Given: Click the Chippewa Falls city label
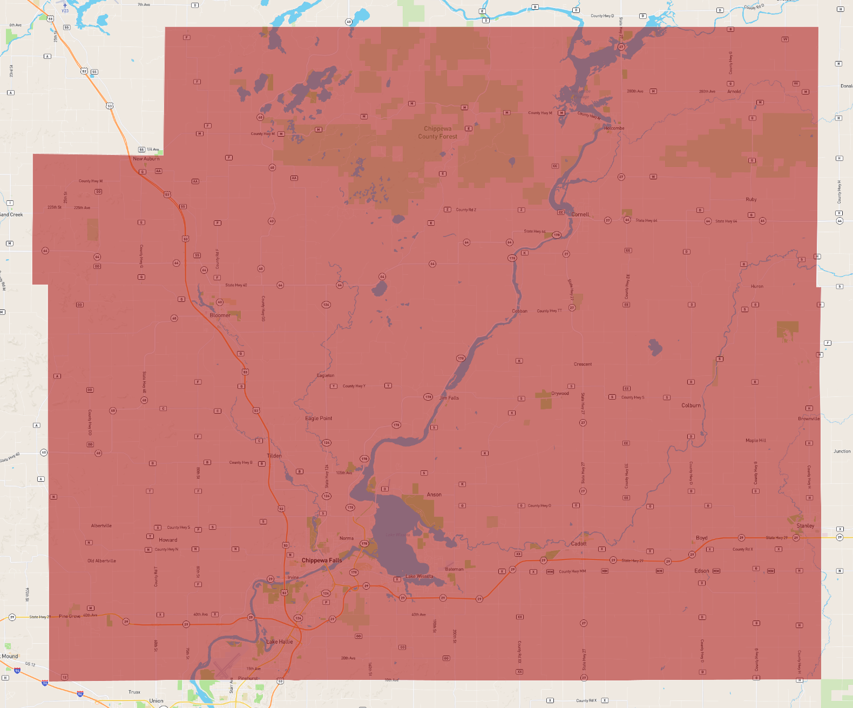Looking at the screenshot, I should [322, 561].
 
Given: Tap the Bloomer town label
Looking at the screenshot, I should [220, 315].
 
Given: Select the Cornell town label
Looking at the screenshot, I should [580, 214].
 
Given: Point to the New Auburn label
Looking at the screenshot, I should [146, 159].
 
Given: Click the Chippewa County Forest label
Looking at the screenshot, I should [437, 133].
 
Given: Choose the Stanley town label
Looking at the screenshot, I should [805, 526].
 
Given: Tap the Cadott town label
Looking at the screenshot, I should [579, 544].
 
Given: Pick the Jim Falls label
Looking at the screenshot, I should [449, 398].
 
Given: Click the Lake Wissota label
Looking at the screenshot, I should [419, 576].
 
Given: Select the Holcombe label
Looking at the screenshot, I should [614, 129].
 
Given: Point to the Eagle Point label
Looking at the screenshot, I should [319, 419].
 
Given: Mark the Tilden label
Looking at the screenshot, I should [274, 456].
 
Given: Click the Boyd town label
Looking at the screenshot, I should [702, 538].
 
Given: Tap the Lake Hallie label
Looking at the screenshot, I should [280, 642].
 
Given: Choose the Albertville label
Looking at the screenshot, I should [101, 525].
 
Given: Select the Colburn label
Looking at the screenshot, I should [691, 406].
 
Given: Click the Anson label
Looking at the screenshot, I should [434, 495].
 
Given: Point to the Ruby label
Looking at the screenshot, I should [751, 199].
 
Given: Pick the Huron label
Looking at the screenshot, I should [757, 287].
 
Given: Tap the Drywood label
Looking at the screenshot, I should [560, 393].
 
